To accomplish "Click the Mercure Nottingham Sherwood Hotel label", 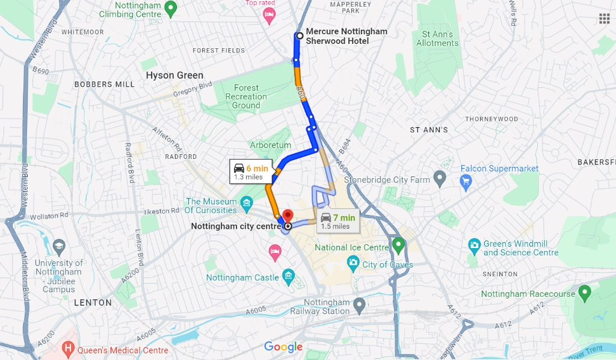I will [x=346, y=36].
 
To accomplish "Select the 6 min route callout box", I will [x=251, y=172].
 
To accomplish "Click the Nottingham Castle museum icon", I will [x=289, y=277].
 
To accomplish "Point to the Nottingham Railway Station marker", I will [x=359, y=306].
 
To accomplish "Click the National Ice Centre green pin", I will [x=398, y=244].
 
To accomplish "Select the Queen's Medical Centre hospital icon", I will [x=68, y=349].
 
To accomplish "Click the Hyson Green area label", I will [x=174, y=75].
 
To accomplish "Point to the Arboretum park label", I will [x=271, y=145].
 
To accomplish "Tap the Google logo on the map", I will [x=283, y=347].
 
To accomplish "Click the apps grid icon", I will [x=604, y=18].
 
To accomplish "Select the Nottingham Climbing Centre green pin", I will [x=171, y=8].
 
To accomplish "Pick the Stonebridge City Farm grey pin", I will [x=440, y=178].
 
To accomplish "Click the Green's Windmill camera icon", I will [x=474, y=246].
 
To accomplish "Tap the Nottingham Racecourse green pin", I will [x=584, y=293].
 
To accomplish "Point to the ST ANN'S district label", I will [x=429, y=130].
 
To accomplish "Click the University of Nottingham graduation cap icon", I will [x=59, y=246].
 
